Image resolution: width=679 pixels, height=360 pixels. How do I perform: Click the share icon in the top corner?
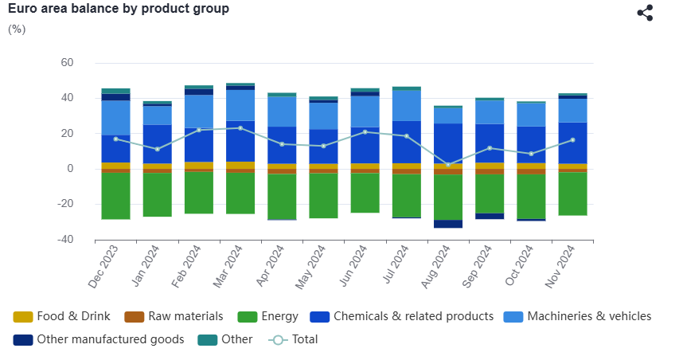coord(645,13)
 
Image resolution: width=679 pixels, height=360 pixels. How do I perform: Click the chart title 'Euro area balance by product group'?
coord(119,9)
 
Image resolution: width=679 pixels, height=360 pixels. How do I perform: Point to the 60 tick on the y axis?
coord(67,63)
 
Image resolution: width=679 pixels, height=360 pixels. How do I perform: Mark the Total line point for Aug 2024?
coord(448,165)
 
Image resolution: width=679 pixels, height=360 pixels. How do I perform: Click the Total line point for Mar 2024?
coord(240,127)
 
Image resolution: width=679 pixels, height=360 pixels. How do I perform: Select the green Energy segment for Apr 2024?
coord(282,197)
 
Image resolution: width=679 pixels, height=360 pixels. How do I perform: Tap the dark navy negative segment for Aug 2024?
coord(448,224)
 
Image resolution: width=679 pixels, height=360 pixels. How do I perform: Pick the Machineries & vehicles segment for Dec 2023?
coord(115,117)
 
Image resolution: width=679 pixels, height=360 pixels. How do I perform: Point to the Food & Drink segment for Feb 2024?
coord(198,165)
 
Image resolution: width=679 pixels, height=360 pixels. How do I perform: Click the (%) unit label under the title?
coord(17,29)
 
